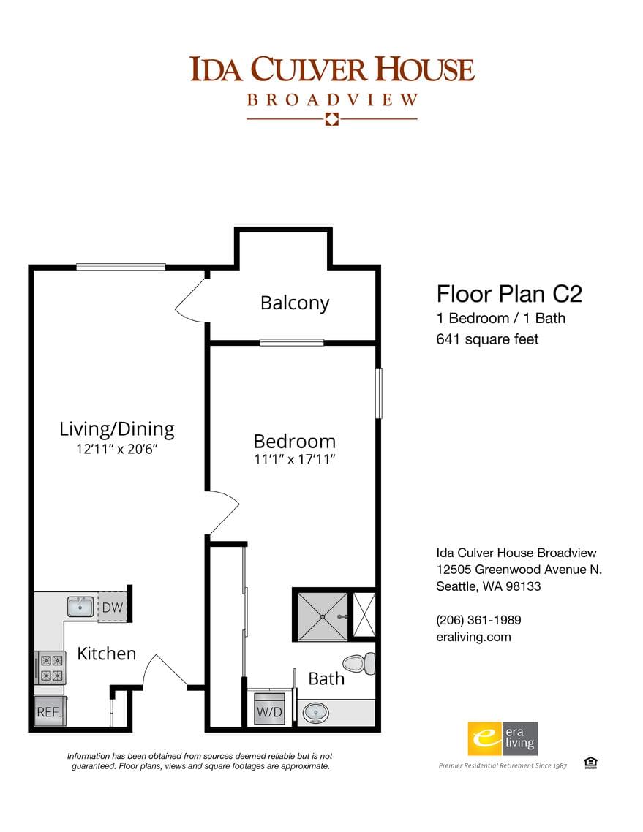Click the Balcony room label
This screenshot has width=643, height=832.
[295, 303]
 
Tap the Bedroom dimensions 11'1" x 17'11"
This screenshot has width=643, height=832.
[294, 460]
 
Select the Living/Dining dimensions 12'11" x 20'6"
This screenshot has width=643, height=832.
[117, 449]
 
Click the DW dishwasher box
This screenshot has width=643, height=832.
[112, 607]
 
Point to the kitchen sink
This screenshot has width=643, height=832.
[80, 606]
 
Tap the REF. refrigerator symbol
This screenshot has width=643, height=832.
[50, 711]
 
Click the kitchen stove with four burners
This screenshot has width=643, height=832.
[50, 667]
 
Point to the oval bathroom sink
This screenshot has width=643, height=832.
[316, 711]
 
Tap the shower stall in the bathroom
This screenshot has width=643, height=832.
[321, 615]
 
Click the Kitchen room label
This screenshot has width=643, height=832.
[107, 653]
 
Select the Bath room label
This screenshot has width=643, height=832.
[326, 678]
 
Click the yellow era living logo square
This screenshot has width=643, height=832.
[483, 738]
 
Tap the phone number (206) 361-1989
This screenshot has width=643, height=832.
[478, 620]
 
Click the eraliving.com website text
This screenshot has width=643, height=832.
[473, 637]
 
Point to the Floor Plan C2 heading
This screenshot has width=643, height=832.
[509, 294]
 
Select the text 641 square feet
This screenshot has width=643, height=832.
[487, 339]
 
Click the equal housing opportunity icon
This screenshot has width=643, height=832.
[591, 763]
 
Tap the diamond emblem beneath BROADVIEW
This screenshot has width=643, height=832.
[331, 119]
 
